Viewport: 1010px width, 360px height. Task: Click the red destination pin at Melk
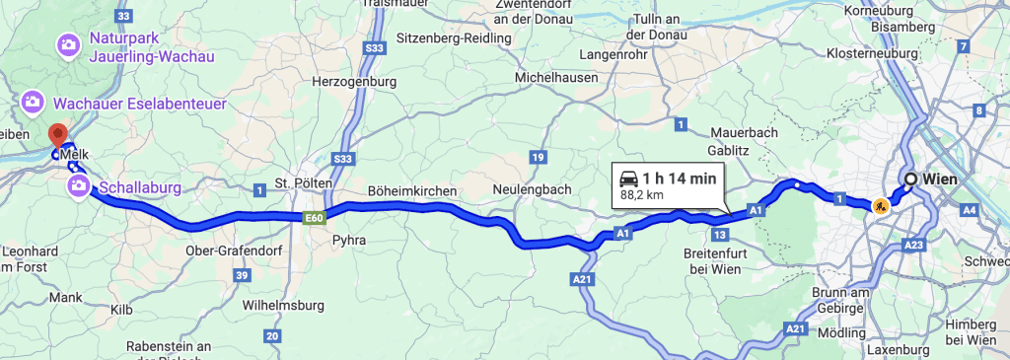[57, 134]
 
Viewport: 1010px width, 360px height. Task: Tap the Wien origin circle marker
[910, 179]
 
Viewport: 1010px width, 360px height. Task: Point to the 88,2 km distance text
[641, 195]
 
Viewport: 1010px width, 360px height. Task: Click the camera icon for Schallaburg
[77, 185]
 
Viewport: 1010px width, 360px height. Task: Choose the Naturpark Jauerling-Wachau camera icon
[68, 44]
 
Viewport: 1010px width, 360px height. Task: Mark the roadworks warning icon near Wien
[879, 207]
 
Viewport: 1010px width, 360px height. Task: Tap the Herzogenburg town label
[354, 82]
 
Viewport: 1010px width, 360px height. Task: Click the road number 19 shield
[538, 156]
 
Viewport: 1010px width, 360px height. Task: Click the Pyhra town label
[350, 240]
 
